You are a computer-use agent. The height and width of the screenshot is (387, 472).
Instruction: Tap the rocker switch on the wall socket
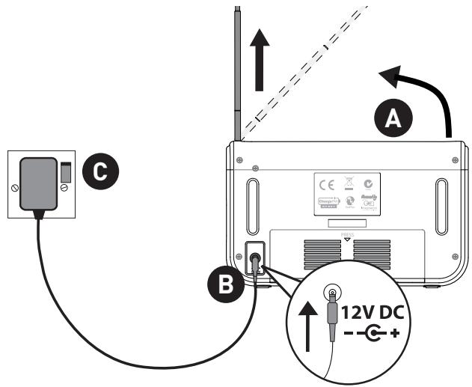[66, 172]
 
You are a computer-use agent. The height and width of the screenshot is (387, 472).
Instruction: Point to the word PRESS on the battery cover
[346, 234]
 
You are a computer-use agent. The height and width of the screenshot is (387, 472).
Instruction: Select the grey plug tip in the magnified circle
[330, 319]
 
